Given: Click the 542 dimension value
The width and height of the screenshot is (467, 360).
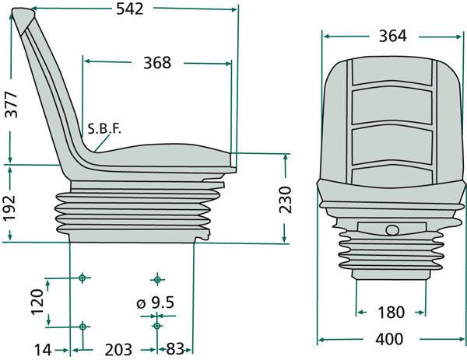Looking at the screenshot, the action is click(x=129, y=9).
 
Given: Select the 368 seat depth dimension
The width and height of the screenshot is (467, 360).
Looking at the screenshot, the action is click(x=157, y=63).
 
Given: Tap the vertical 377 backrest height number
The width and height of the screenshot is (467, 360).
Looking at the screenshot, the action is click(x=12, y=104).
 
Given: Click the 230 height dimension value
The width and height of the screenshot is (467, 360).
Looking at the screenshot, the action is click(x=285, y=200).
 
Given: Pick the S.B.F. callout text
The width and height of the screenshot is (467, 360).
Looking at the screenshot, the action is click(x=104, y=129).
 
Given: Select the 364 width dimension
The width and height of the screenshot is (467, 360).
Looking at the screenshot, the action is click(x=392, y=36).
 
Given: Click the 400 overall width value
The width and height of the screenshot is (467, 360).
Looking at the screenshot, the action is click(x=389, y=339).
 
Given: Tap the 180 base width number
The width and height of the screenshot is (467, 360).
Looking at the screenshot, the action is click(x=391, y=313).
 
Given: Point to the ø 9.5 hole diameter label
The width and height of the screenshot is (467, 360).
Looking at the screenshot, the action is click(x=155, y=302).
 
